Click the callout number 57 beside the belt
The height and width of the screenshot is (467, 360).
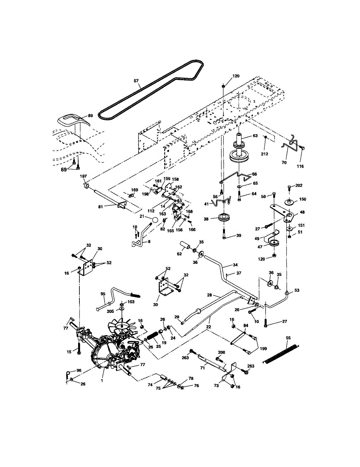click(x=136, y=81)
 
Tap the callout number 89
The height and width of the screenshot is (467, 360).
click(x=90, y=116)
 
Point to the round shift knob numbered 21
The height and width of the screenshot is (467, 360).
click(x=155, y=220)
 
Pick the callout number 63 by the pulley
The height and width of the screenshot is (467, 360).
click(x=255, y=136)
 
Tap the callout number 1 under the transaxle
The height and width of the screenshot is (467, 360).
click(x=102, y=381)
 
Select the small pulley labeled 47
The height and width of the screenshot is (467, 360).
click(x=275, y=244)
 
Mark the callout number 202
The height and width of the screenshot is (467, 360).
click(x=299, y=185)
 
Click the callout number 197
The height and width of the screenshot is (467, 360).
click(x=83, y=176)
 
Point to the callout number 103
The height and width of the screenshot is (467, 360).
click(x=131, y=302)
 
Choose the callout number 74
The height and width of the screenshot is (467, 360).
click(x=150, y=386)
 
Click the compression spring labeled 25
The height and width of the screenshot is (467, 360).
click(x=154, y=335)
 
